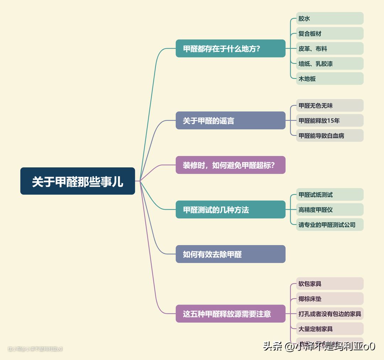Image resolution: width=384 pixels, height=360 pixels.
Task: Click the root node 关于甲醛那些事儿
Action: click(x=78, y=181)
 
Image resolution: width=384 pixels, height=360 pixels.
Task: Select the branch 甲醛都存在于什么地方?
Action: click(x=230, y=49)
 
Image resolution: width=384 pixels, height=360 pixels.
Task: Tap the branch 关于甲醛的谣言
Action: click(x=230, y=121)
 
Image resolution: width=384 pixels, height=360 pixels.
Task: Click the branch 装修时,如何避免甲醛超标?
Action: click(x=230, y=165)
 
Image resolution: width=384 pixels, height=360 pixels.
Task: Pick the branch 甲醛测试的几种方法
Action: click(x=230, y=210)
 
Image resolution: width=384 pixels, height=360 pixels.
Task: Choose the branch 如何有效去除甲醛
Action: click(x=230, y=254)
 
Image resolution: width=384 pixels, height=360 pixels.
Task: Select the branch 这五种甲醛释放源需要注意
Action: click(x=230, y=314)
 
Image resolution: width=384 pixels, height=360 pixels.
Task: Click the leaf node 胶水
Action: click(x=330, y=18)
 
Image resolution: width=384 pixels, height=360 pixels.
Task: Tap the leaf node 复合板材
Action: click(x=330, y=33)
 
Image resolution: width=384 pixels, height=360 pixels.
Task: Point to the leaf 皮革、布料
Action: click(x=330, y=49)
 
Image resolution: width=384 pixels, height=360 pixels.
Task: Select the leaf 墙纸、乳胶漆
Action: click(x=330, y=64)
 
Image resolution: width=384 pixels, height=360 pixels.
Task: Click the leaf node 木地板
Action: click(x=330, y=79)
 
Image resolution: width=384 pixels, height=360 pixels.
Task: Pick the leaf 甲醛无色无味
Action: click(x=330, y=106)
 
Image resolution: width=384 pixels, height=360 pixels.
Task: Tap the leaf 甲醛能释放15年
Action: click(x=330, y=120)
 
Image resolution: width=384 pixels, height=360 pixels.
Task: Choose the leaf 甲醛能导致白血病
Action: click(x=330, y=135)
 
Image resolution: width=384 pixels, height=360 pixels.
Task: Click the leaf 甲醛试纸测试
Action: click(x=330, y=195)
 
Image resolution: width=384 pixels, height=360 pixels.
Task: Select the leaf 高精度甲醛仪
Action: click(x=330, y=210)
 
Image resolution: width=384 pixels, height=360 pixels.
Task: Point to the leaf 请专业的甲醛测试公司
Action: click(x=330, y=225)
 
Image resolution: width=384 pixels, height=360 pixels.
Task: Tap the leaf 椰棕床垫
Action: click(x=330, y=299)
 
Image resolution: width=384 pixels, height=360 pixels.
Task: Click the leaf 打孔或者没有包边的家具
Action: click(x=330, y=314)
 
